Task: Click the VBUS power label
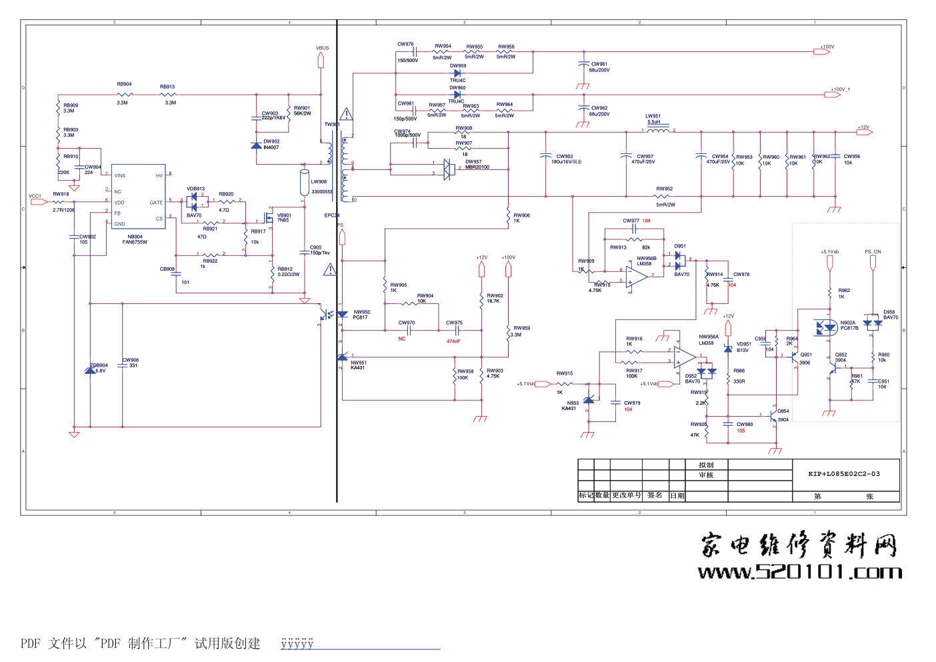click(322, 48)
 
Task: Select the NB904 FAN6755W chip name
click(135, 239)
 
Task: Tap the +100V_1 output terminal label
click(840, 89)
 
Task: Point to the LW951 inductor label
click(653, 119)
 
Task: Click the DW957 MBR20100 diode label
click(477, 164)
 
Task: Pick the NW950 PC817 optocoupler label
click(361, 315)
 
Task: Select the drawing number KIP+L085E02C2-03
click(843, 474)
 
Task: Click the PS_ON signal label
click(873, 252)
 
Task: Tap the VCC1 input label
click(35, 196)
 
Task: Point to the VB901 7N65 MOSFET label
click(284, 217)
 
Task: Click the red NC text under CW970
click(402, 339)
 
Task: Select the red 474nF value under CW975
click(453, 341)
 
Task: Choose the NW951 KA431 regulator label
click(359, 365)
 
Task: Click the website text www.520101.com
click(799, 572)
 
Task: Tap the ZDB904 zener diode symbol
click(90, 370)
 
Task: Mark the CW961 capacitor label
click(599, 67)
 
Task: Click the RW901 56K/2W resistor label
click(302, 111)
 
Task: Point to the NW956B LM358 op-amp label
click(646, 261)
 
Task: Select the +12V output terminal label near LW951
click(863, 127)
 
